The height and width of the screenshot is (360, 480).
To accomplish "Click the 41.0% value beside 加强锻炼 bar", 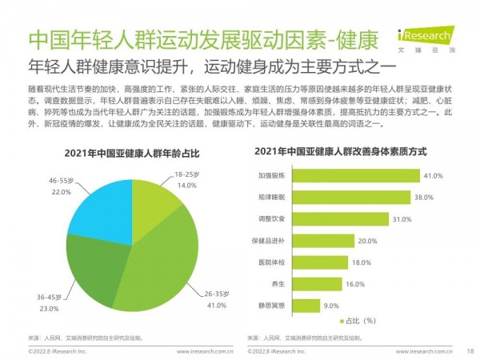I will [433, 175].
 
